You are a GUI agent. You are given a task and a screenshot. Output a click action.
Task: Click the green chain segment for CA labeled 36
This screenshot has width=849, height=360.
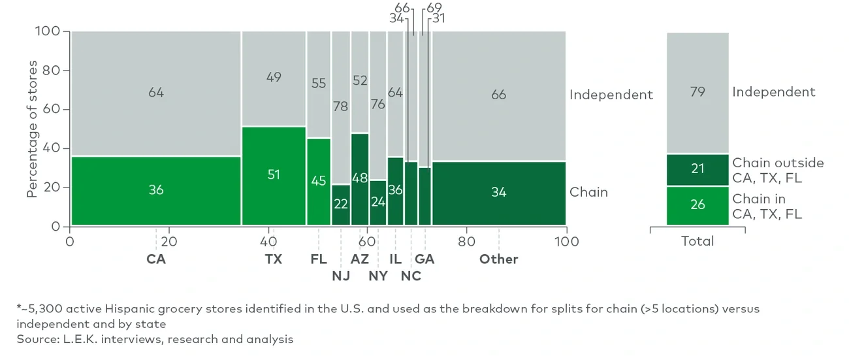(x=155, y=191)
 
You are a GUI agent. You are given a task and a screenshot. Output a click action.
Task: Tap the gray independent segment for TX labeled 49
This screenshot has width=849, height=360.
(x=274, y=78)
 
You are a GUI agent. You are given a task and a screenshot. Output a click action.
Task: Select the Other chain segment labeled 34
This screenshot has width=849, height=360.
(x=498, y=191)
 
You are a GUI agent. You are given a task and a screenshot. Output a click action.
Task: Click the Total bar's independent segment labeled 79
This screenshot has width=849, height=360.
(x=697, y=92)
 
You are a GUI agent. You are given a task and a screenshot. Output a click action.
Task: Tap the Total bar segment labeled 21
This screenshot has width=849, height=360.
(x=697, y=170)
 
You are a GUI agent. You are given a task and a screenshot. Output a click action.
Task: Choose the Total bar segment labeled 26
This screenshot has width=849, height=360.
(x=697, y=205)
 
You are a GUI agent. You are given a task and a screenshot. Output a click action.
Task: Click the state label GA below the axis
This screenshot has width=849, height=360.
(x=424, y=259)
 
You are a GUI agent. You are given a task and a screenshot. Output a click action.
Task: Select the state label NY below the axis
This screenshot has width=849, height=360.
(x=377, y=276)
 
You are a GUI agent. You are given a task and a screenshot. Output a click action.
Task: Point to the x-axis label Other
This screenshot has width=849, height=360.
(x=498, y=259)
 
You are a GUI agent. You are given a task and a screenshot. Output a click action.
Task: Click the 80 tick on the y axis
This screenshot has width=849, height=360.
(x=52, y=71)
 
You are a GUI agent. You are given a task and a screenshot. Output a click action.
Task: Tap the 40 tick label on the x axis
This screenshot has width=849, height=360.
(x=268, y=241)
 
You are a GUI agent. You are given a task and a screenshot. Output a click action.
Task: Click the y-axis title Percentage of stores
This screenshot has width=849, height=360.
(x=32, y=129)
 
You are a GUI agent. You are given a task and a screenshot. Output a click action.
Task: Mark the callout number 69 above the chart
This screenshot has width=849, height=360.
(x=434, y=8)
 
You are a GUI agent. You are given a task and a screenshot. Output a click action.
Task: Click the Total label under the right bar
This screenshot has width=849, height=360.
(x=697, y=241)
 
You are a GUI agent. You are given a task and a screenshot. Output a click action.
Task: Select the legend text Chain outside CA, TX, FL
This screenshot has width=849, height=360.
(x=778, y=170)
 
